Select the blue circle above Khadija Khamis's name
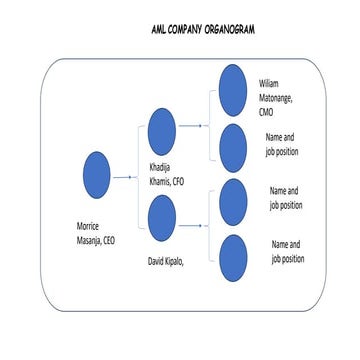(x=161, y=129)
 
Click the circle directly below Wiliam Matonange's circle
(x=232, y=145)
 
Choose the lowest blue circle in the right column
(x=232, y=256)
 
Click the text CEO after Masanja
(x=108, y=240)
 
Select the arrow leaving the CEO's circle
(x=125, y=176)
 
